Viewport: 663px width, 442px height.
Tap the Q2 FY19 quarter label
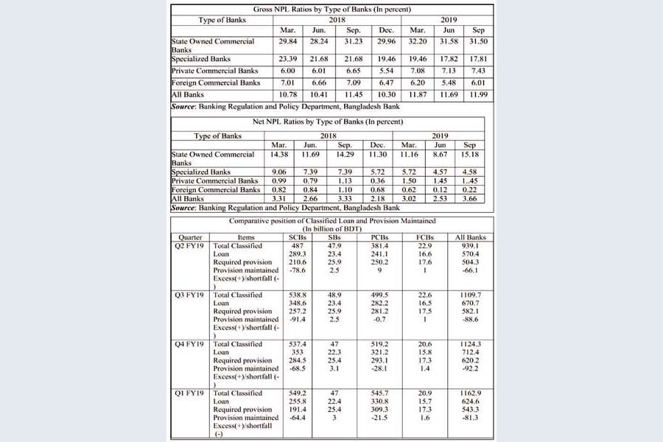click(x=189, y=246)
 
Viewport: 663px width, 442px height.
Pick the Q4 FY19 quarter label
click(x=189, y=344)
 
